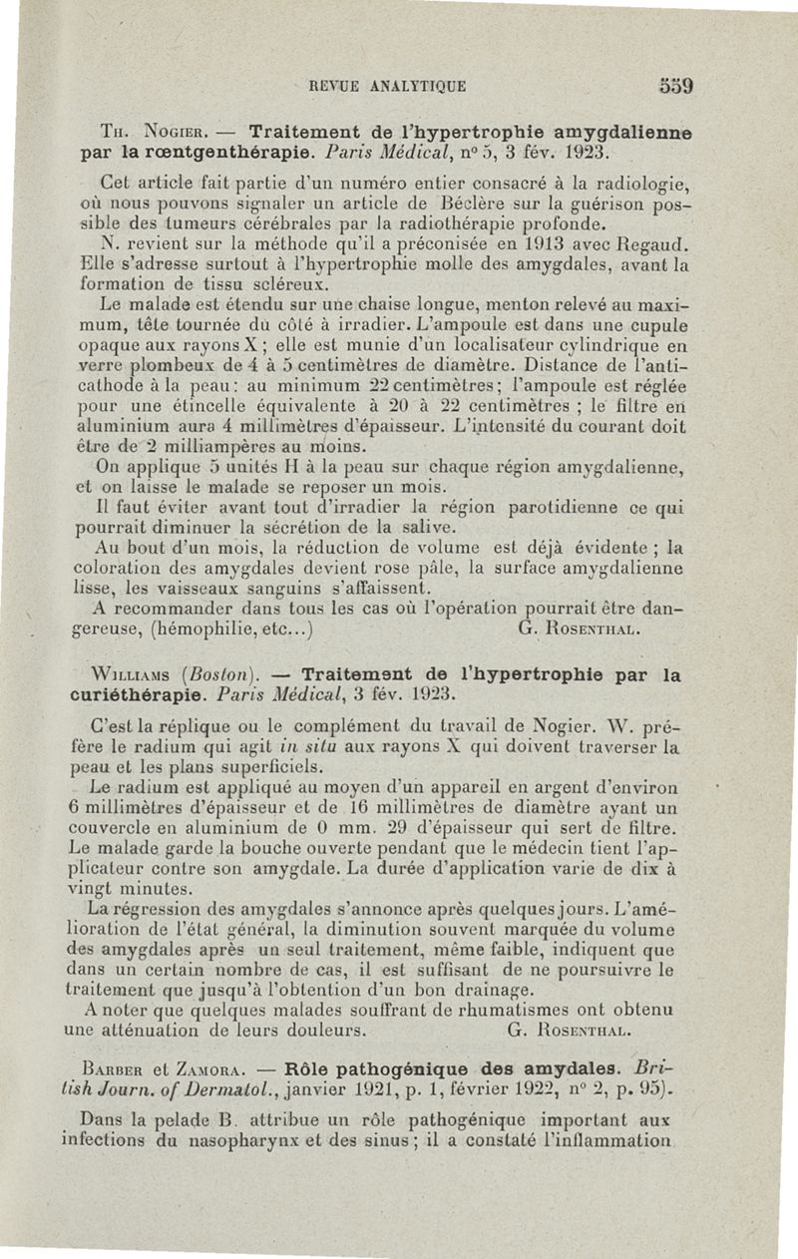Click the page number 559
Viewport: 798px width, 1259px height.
(x=675, y=85)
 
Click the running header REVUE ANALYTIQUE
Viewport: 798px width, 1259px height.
(x=388, y=86)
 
